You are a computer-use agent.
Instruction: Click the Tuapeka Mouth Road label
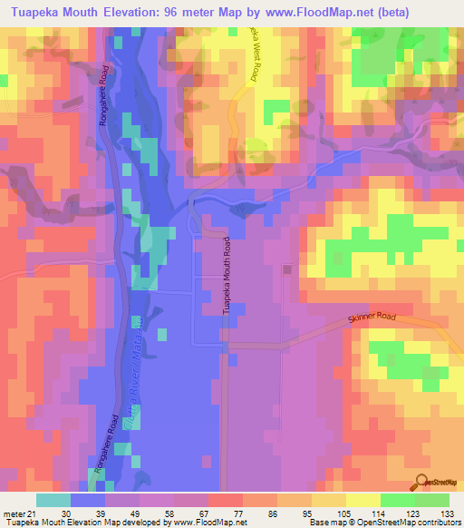[227, 276]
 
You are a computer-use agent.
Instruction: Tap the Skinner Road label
[372, 319]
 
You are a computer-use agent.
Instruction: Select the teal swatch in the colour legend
[53, 500]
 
